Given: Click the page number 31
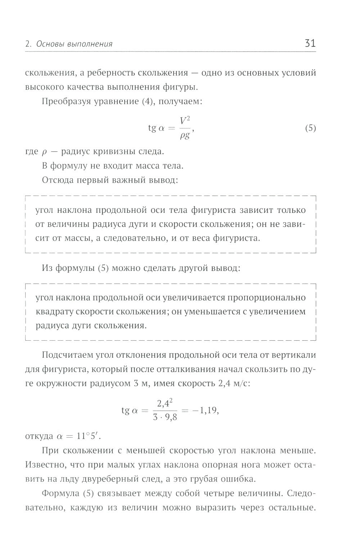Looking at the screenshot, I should pyautogui.click(x=310, y=44).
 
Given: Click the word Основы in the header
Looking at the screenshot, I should pyautogui.click(x=49, y=44).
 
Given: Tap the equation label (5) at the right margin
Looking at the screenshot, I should pyautogui.click(x=310, y=128).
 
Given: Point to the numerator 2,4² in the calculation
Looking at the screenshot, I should pyautogui.click(x=165, y=404).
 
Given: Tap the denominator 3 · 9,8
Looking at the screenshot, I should pyautogui.click(x=165, y=418).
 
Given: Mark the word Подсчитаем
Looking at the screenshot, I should pyautogui.click(x=67, y=355).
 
